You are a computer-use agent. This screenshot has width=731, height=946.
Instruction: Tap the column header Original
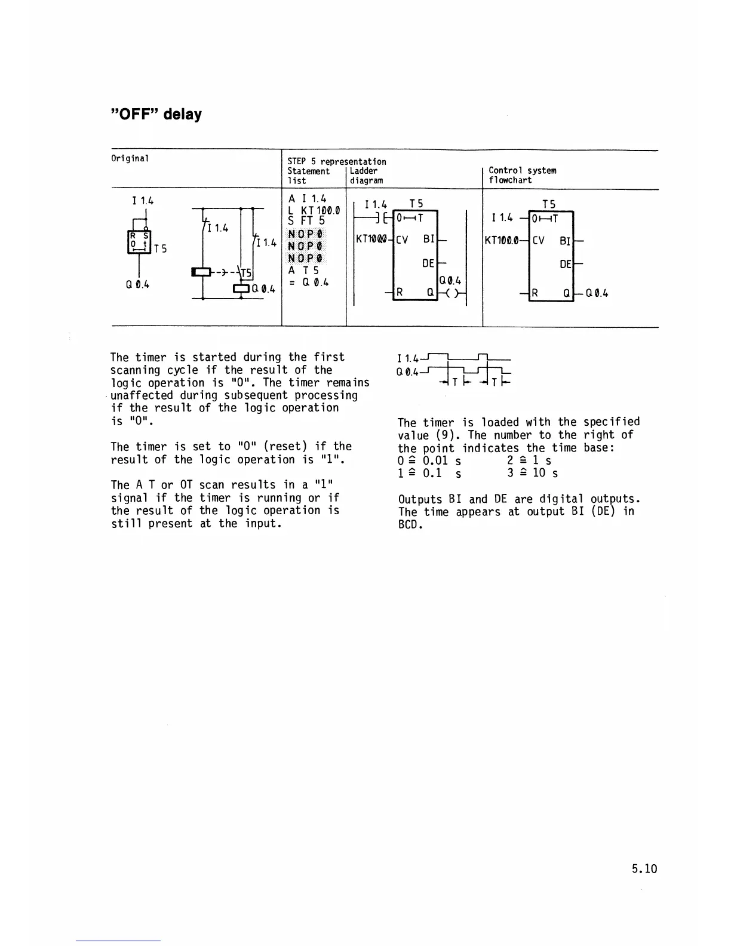[130, 158]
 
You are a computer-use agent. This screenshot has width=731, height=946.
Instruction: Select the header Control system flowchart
[522, 175]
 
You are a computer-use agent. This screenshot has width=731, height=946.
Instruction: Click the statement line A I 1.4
[307, 199]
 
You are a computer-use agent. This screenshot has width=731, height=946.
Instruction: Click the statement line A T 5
[303, 271]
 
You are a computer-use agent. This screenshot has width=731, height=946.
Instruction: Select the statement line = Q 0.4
[309, 282]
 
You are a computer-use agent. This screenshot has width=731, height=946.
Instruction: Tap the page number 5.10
[644, 868]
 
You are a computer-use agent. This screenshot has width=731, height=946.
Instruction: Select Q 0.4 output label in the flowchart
[597, 293]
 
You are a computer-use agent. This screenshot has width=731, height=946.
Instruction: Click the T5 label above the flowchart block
[549, 204]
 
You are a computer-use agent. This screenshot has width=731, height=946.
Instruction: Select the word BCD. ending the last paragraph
[410, 525]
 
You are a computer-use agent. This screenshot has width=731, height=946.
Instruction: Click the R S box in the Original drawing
[139, 241]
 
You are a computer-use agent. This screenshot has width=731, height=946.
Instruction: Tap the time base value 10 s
[545, 473]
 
